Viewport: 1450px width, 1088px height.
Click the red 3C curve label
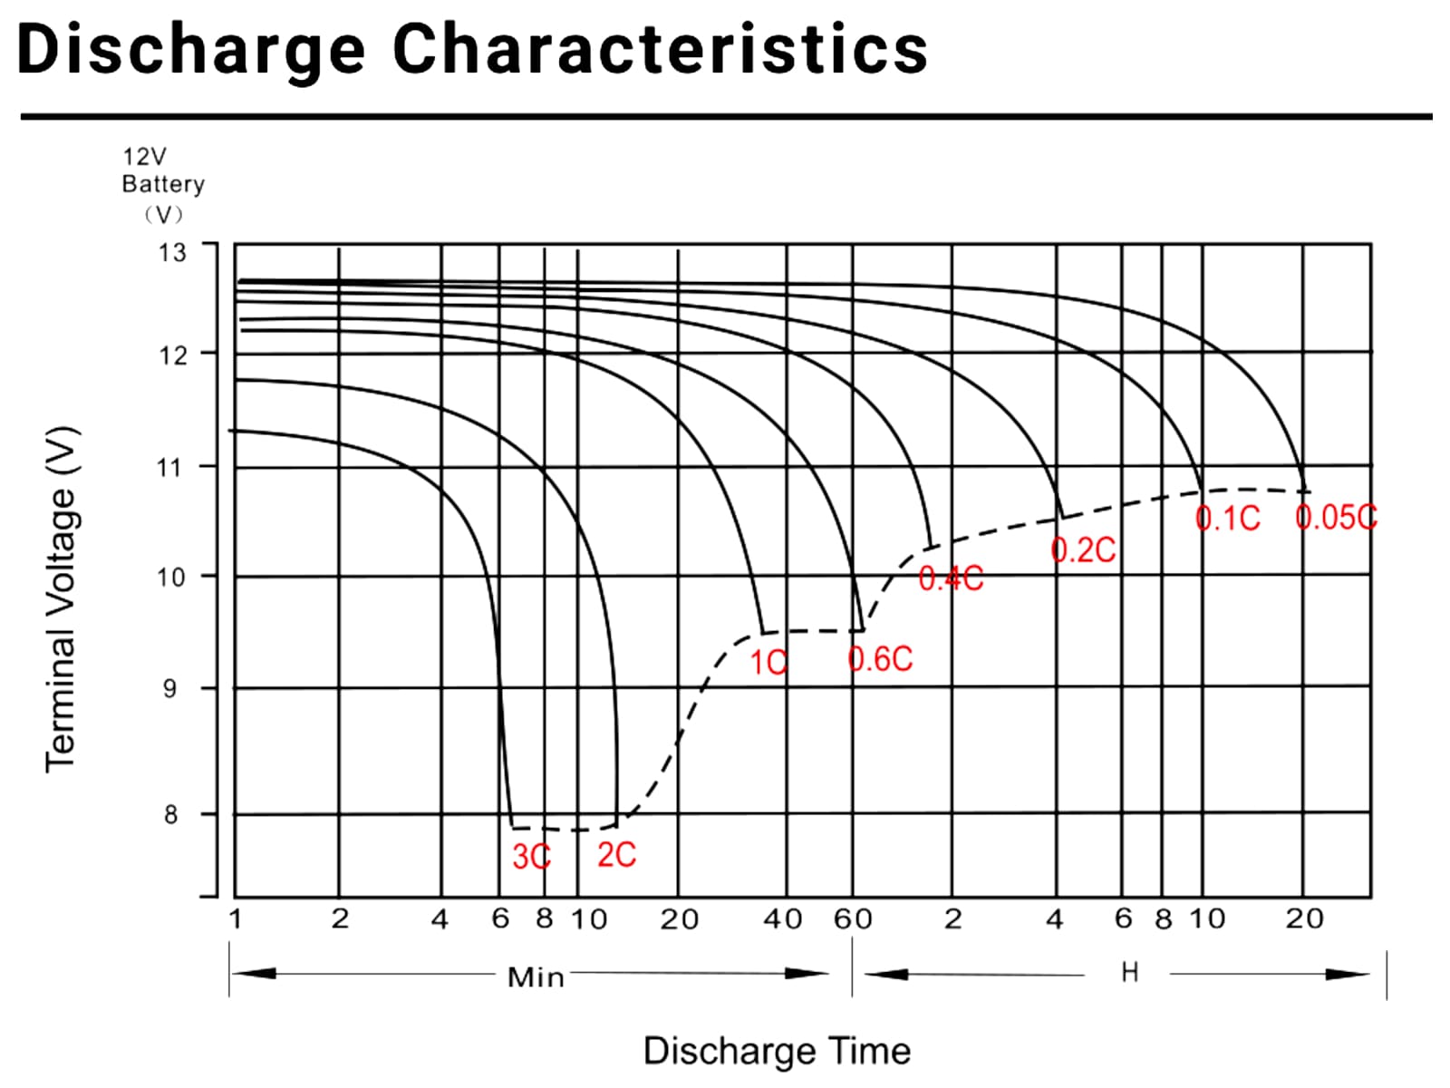(531, 857)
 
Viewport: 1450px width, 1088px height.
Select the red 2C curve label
(616, 854)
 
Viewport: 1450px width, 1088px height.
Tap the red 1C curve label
(768, 663)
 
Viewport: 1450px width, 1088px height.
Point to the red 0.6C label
(880, 659)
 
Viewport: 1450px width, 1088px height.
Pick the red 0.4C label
(951, 578)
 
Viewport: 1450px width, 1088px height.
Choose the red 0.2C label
(1083, 549)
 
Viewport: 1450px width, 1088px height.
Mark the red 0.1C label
(1227, 518)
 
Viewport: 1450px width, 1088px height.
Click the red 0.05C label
(1336, 517)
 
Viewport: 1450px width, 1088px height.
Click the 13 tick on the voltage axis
(171, 252)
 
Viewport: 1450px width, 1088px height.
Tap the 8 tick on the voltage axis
(170, 815)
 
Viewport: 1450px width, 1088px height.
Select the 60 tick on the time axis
(853, 919)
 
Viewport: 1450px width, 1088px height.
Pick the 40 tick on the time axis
(782, 919)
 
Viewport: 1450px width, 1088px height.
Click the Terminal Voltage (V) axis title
(63, 598)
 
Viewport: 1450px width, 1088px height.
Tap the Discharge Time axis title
(777, 1051)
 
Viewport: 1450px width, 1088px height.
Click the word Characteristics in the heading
(660, 49)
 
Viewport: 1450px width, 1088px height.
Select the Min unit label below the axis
(536, 977)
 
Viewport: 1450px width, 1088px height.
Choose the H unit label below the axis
(1129, 973)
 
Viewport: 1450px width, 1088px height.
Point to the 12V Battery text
(163, 170)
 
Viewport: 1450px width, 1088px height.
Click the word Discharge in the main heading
(191, 49)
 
